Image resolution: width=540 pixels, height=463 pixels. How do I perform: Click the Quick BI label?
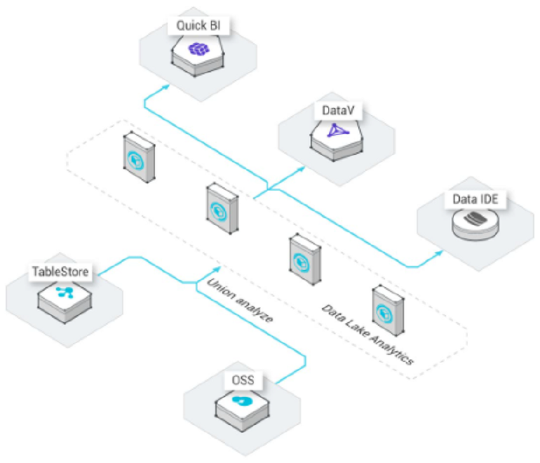[x=198, y=25]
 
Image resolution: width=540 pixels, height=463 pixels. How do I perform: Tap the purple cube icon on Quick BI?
[x=199, y=49]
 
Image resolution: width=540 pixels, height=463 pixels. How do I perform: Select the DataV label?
[x=338, y=110]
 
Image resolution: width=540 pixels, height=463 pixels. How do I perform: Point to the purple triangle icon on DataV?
[x=337, y=130]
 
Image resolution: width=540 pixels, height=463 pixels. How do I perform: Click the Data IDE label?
[x=475, y=199]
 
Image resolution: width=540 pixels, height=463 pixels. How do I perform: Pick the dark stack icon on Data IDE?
[x=476, y=218]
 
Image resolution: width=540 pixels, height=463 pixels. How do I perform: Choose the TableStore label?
[x=60, y=271]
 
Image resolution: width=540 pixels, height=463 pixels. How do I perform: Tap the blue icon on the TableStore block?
[x=65, y=292]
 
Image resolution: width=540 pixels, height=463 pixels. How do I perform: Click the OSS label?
[x=243, y=380]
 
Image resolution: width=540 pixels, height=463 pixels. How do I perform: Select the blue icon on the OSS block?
[x=243, y=401]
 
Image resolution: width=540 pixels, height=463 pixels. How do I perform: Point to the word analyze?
[x=255, y=310]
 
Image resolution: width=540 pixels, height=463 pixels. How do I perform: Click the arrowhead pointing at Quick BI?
[x=166, y=86]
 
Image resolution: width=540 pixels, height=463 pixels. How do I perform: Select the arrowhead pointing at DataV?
[x=301, y=169]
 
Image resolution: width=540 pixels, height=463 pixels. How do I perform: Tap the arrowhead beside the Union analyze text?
[x=217, y=269]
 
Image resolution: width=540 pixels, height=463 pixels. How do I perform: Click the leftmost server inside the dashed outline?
[x=139, y=157]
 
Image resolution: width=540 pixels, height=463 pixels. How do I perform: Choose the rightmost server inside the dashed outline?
[x=388, y=311]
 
